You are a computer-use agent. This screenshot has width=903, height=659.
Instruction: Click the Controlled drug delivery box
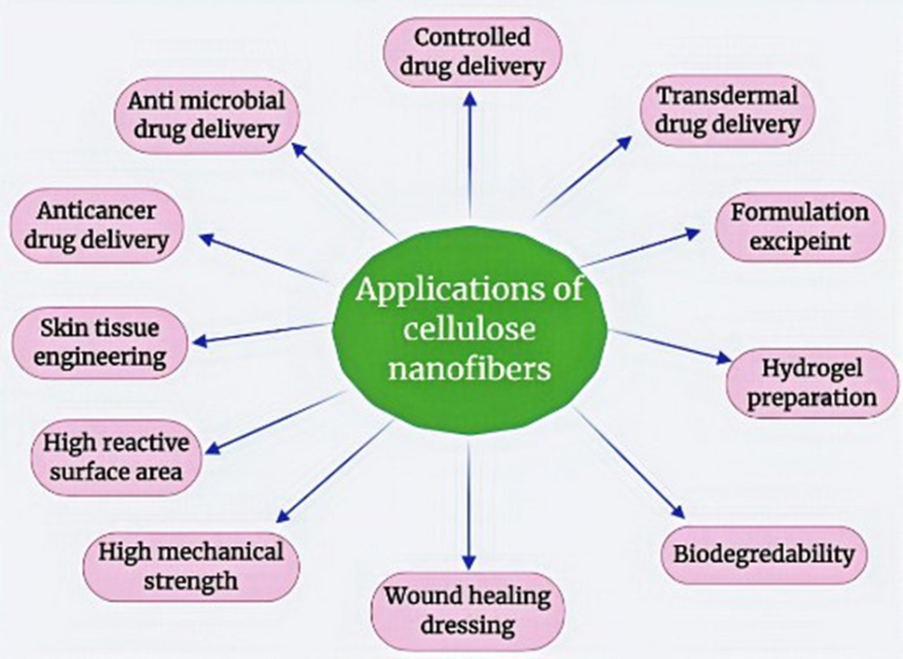[x=472, y=52]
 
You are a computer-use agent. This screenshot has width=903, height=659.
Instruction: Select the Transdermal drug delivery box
[x=727, y=109]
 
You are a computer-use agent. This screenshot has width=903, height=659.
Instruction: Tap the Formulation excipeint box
[x=799, y=227]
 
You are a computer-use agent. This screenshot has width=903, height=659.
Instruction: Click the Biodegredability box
[x=763, y=555]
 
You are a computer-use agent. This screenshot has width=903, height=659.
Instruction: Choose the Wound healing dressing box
[x=468, y=609]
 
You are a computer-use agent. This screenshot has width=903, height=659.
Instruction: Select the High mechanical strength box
[x=193, y=566]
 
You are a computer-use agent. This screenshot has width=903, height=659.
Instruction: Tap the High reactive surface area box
[x=114, y=456]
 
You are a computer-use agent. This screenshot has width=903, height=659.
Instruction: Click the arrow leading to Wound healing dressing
[x=469, y=504]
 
